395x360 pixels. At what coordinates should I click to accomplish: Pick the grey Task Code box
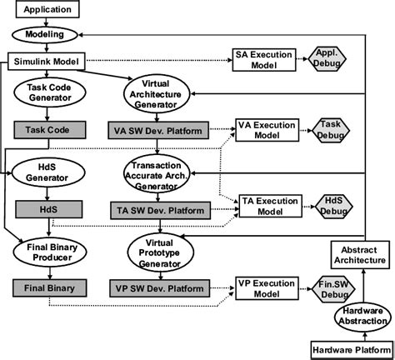click(49, 130)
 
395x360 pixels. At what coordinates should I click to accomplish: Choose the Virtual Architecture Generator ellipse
click(158, 94)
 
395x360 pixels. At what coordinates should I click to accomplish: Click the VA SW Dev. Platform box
click(157, 131)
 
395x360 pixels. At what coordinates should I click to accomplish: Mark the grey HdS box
click(49, 211)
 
